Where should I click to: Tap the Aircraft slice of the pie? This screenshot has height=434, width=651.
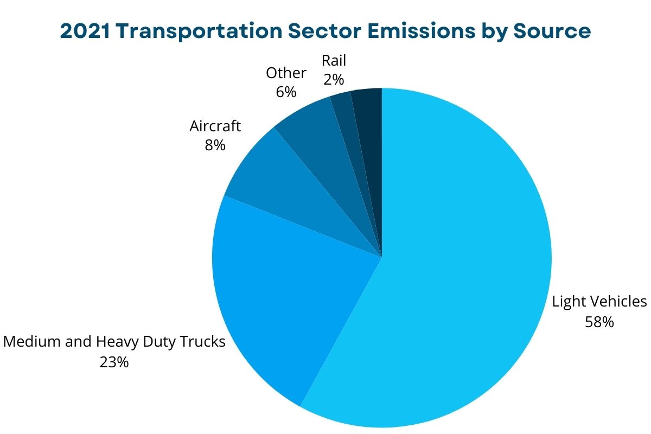point(282,184)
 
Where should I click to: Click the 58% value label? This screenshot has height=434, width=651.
point(599,322)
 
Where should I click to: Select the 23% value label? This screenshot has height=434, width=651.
point(114,362)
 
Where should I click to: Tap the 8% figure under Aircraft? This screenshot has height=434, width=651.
point(215,145)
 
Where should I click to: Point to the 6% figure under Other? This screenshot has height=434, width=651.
point(286,92)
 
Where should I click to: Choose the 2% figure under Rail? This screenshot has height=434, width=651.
point(334,79)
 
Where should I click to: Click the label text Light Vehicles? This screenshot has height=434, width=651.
point(599,302)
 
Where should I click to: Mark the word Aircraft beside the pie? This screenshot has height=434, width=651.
point(215,126)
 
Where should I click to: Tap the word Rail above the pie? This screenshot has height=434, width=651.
point(334,60)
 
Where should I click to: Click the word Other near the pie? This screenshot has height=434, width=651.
point(286,73)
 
